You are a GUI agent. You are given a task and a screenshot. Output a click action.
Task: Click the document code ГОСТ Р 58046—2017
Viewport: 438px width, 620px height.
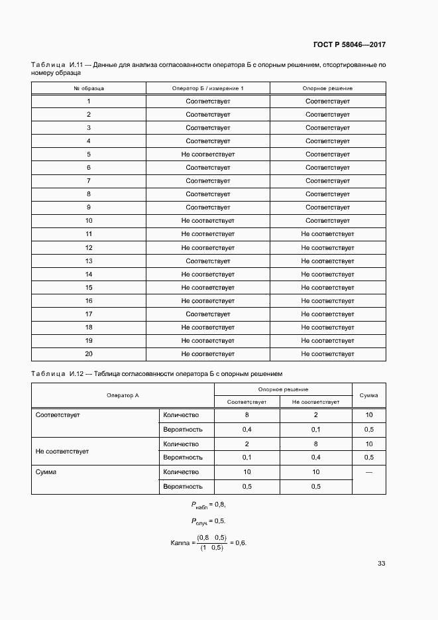[x=349, y=45]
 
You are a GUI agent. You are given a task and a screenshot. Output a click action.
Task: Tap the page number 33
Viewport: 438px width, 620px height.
[x=381, y=564]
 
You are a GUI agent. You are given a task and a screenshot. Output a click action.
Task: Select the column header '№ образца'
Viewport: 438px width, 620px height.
[x=88, y=88]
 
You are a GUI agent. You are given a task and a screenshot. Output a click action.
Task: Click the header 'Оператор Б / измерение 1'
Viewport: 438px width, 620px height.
[x=207, y=88]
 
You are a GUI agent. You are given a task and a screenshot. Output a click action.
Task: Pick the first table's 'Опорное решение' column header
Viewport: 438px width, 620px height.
[x=327, y=88]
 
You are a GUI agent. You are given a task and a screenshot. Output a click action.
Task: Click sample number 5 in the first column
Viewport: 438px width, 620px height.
[x=88, y=155]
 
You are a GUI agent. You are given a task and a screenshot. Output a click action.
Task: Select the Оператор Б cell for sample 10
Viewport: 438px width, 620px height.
[x=207, y=221]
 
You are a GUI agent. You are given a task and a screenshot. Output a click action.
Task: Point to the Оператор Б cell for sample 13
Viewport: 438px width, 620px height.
[x=207, y=261]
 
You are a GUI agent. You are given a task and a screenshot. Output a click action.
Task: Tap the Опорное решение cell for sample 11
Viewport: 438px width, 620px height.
[x=327, y=234]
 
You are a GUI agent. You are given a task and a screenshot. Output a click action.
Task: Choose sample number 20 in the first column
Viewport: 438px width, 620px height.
[x=88, y=354]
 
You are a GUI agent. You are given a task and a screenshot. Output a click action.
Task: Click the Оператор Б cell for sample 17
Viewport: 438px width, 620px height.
[x=207, y=314]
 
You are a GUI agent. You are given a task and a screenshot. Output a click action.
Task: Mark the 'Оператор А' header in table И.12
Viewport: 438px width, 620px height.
[x=123, y=395]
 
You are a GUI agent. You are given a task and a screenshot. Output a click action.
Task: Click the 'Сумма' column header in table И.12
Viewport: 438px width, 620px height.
[x=368, y=395]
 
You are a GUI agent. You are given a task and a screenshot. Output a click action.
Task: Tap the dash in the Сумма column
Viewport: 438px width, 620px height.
[x=368, y=472]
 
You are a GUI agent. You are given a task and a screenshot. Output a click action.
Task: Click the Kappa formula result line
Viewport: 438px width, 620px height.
[x=208, y=543]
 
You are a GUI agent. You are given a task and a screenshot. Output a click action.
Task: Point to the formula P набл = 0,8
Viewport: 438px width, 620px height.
[x=208, y=505]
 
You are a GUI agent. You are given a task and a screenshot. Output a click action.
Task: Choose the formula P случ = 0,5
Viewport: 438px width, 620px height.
[x=208, y=521]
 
